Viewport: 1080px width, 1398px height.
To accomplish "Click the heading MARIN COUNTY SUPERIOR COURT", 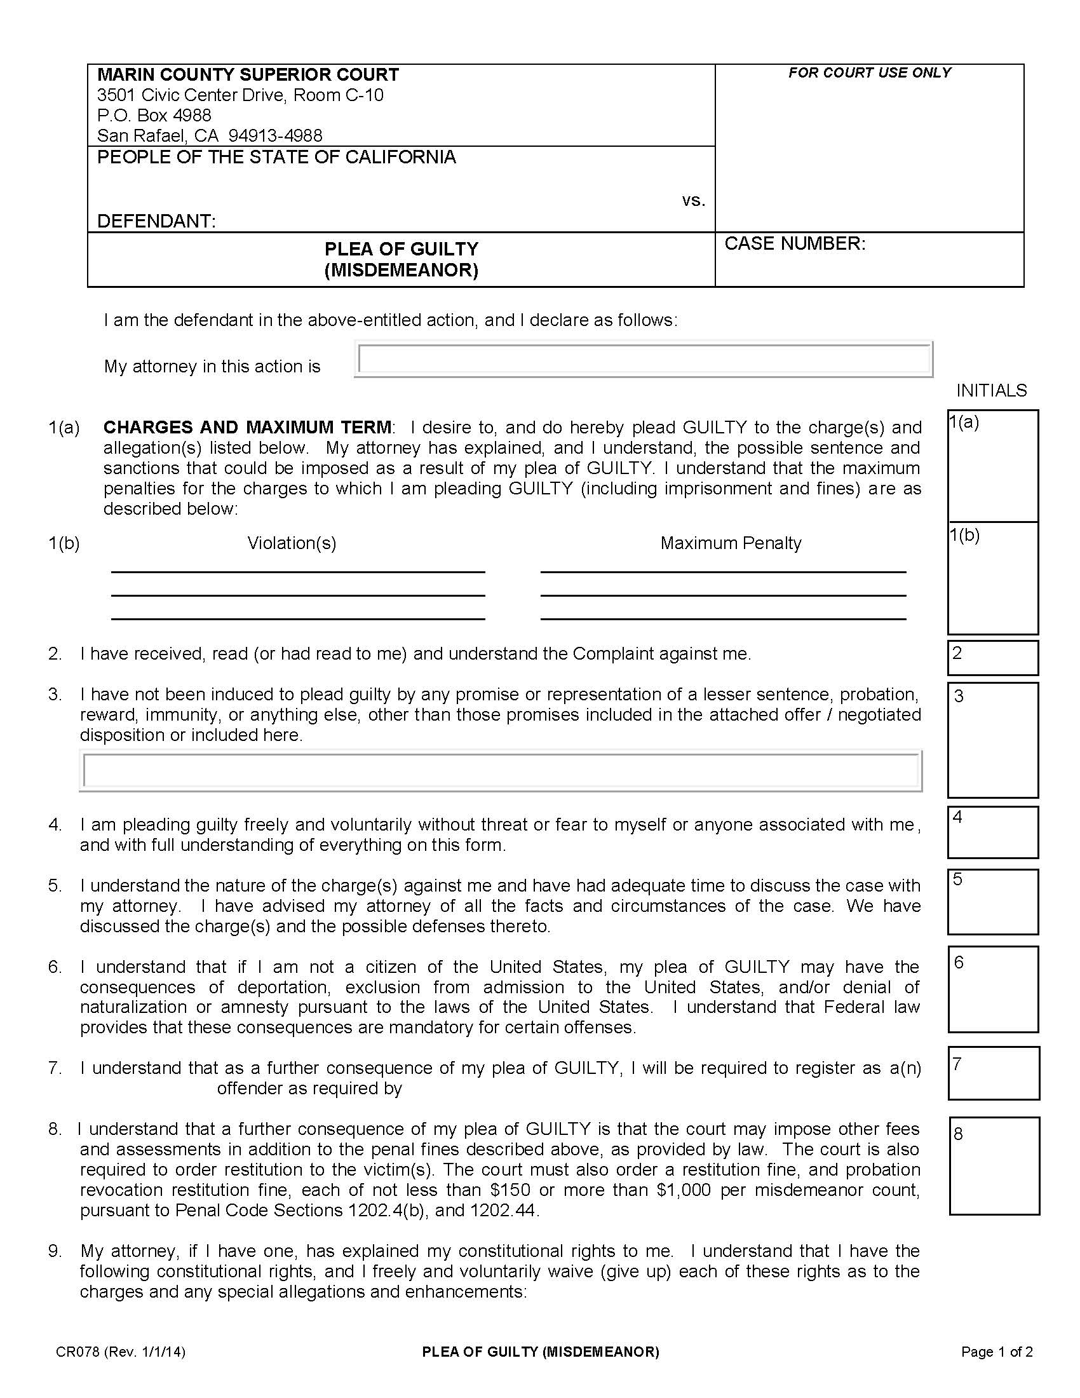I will pyautogui.click(x=248, y=75).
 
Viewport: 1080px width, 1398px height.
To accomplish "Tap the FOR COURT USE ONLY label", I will pyautogui.click(x=869, y=73).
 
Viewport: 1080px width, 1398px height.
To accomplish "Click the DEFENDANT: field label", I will pyautogui.click(x=156, y=222).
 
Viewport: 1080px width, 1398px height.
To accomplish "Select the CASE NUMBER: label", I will pyautogui.click(x=795, y=244).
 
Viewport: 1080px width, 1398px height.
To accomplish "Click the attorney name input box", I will pyautogui.click(x=643, y=359).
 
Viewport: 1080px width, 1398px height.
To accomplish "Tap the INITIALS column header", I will pyautogui.click(x=991, y=390).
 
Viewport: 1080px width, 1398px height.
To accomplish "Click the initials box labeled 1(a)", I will pyautogui.click(x=992, y=466).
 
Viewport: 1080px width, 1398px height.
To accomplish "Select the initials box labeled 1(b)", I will pyautogui.click(x=992, y=578).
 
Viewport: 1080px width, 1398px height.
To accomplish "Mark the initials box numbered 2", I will pyautogui.click(x=992, y=658).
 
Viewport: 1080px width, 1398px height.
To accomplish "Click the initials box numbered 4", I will pyautogui.click(x=992, y=832).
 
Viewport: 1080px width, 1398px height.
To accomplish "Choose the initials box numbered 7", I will pyautogui.click(x=993, y=1073).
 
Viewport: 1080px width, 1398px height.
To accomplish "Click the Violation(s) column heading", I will pyautogui.click(x=292, y=543).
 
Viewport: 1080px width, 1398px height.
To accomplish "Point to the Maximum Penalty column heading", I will pyautogui.click(x=731, y=543).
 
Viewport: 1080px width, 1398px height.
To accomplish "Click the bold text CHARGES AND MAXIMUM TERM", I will pyautogui.click(x=248, y=428).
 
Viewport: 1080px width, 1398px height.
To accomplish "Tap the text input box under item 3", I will pyautogui.click(x=501, y=770).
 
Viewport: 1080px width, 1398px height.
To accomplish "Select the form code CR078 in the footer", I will pyautogui.click(x=78, y=1352).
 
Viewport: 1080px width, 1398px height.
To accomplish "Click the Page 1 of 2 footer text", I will pyautogui.click(x=997, y=1352).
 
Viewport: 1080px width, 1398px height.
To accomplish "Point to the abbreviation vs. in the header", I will pyautogui.click(x=693, y=201).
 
